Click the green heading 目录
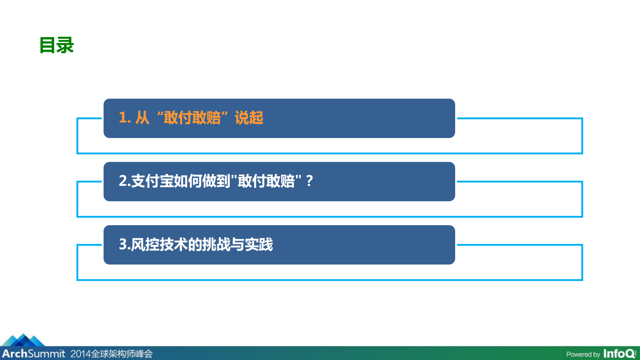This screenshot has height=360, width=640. coord(56,45)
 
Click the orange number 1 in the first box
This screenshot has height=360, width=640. coord(122,118)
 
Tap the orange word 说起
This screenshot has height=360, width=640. coord(249,118)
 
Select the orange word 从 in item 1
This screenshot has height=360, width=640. coord(142,118)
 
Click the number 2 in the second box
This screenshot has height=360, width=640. coord(123,181)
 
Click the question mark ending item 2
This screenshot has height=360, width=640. coord(309,181)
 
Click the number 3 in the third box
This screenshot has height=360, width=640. coord(123,244)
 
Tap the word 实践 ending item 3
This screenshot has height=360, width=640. coord(259,244)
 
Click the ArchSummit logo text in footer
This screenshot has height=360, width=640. coord(33,354)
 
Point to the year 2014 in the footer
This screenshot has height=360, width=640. coord(80,354)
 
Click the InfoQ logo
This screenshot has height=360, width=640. coord(619,354)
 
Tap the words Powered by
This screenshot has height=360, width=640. coord(583,354)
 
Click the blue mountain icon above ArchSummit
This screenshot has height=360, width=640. coord(23,340)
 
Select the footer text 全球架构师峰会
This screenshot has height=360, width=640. coord(121,354)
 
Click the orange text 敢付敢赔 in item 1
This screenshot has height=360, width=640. coord(192,118)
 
